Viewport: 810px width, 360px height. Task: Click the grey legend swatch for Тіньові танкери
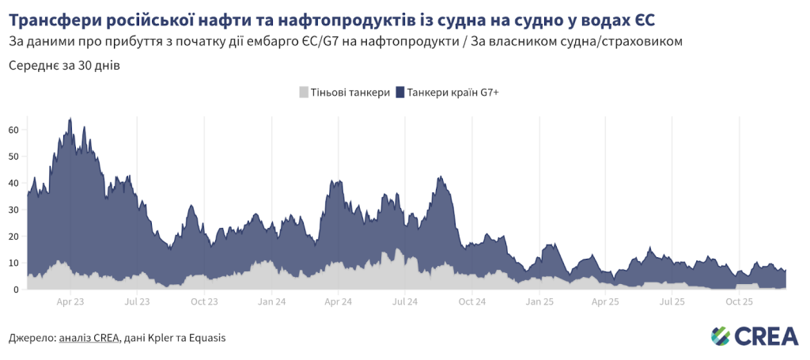[x=305, y=93]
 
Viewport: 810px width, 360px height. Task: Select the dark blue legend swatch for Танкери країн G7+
[x=400, y=93]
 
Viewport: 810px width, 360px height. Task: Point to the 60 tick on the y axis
[x=13, y=130]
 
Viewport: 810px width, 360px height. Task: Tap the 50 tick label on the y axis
[x=13, y=157]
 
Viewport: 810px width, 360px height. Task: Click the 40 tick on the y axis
[x=13, y=183]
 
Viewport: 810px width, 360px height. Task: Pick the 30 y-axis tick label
[x=13, y=210]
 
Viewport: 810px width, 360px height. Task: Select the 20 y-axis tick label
[x=13, y=237]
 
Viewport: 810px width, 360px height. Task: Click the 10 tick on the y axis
[x=13, y=263]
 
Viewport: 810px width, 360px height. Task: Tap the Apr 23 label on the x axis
[x=70, y=301]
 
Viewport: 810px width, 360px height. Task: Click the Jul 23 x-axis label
[x=138, y=301]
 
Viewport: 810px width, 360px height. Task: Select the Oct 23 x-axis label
[x=204, y=301]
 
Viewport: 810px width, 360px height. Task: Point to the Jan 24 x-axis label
[x=271, y=301]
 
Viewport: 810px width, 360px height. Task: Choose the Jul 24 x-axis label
[x=405, y=301]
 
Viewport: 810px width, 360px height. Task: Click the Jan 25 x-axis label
[x=539, y=301]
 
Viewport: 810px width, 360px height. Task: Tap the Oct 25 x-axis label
[x=740, y=301]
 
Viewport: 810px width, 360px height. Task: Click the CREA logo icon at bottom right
[x=721, y=335]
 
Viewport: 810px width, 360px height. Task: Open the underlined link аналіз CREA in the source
[x=89, y=338]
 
